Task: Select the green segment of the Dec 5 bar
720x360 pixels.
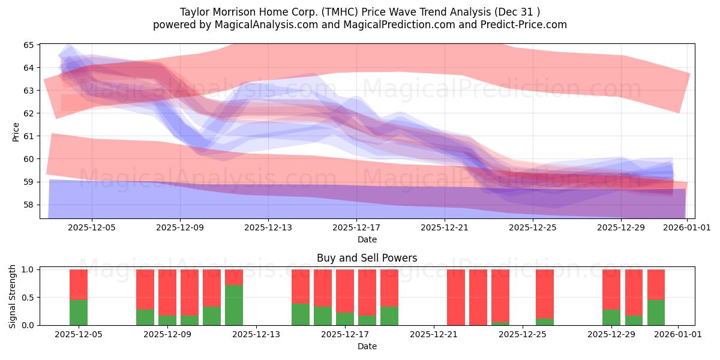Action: (79, 313)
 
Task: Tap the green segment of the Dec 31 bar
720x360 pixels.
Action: (656, 313)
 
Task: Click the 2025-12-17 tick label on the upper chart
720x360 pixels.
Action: (356, 228)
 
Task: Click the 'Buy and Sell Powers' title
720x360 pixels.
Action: (367, 259)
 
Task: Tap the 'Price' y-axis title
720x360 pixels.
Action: (16, 132)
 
